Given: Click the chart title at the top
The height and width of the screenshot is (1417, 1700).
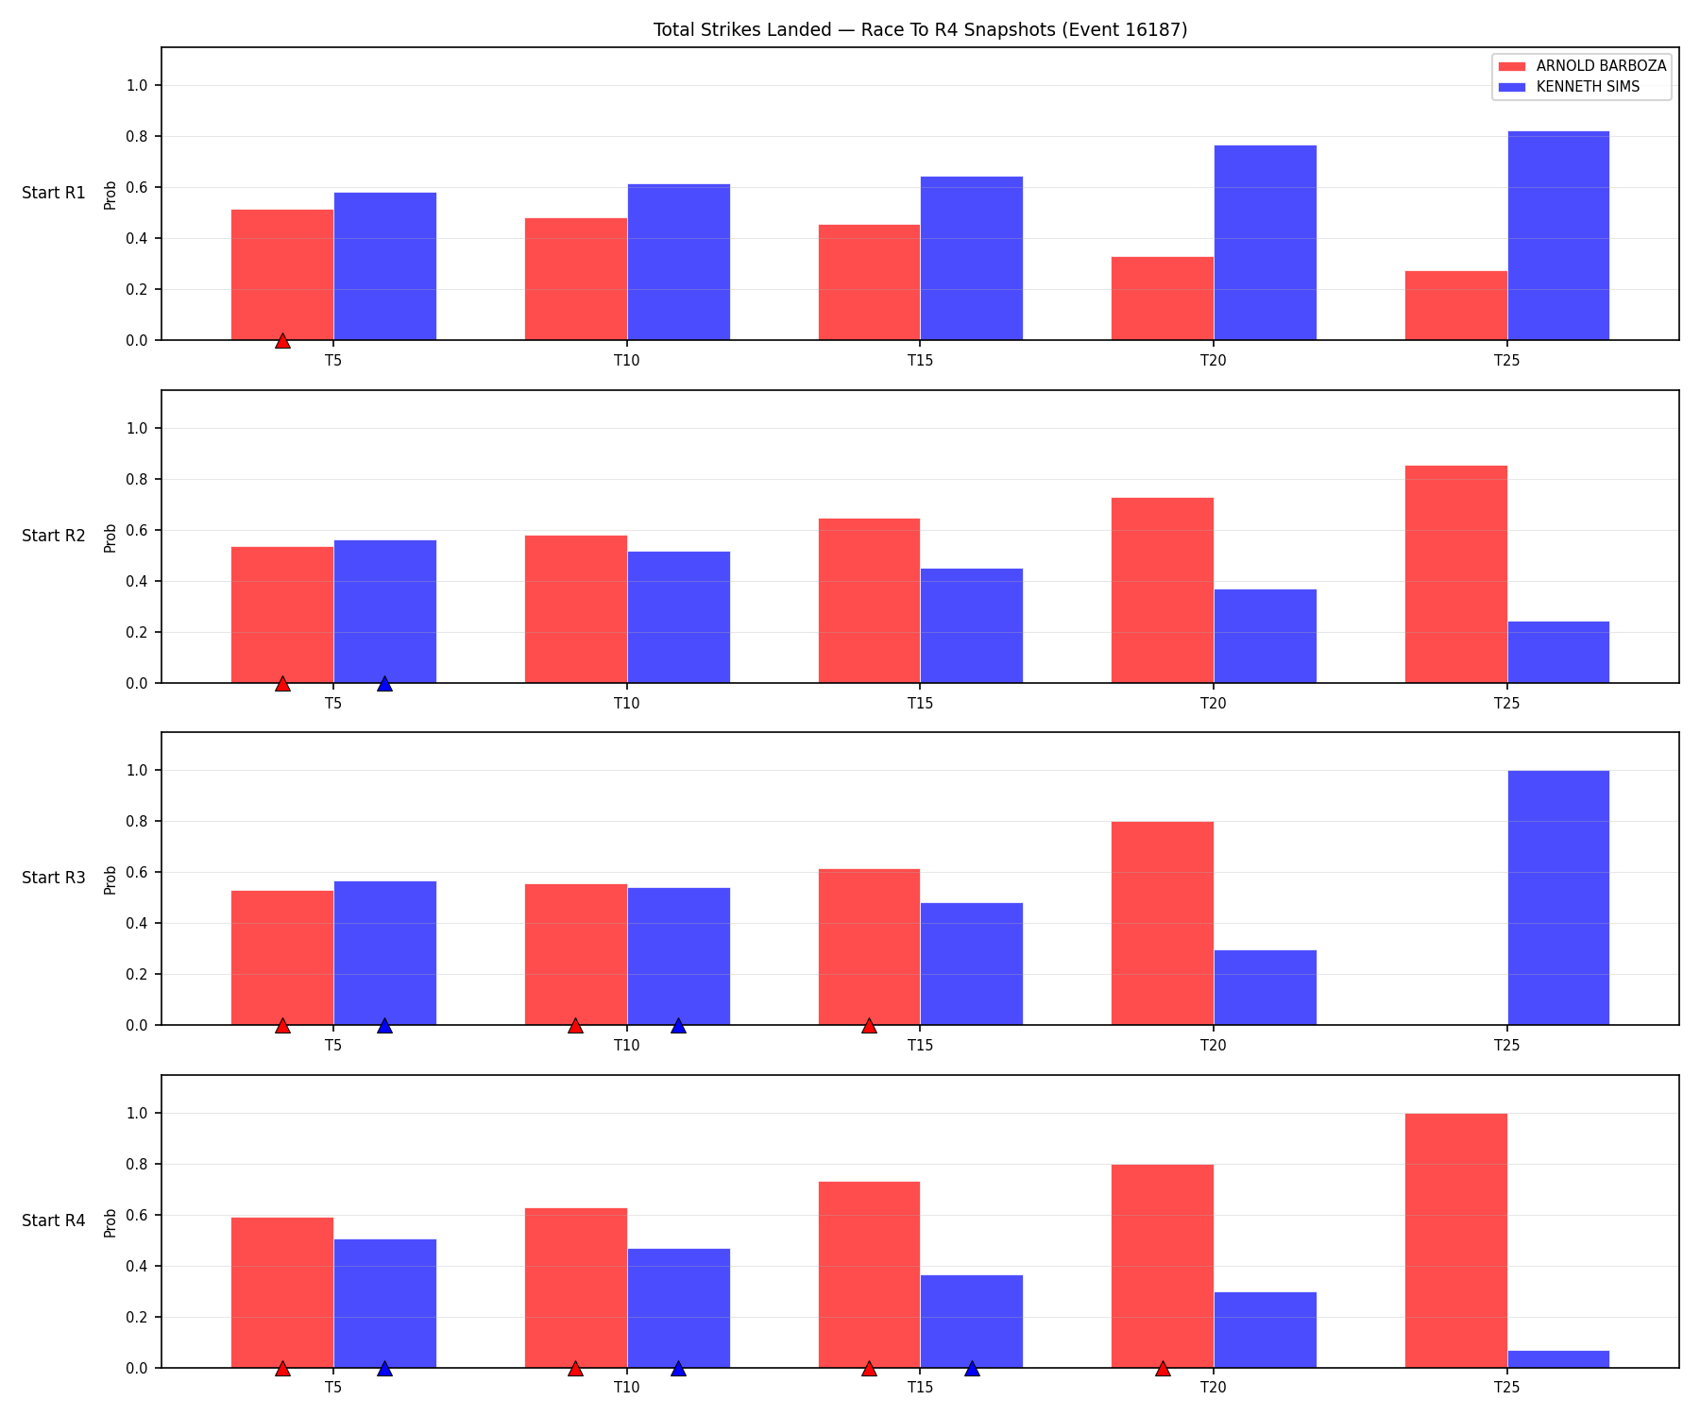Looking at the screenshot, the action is [x=920, y=30].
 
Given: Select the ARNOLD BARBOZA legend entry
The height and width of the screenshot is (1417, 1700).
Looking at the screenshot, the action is [x=1583, y=66].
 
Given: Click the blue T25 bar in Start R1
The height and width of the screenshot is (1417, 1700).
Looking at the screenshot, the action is [x=1558, y=235].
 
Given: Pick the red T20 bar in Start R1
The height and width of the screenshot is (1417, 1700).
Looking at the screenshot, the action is [x=1163, y=299].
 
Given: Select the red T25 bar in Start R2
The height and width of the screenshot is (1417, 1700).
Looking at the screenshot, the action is [x=1456, y=574].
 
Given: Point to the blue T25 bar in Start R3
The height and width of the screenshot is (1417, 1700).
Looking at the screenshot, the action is [x=1558, y=897].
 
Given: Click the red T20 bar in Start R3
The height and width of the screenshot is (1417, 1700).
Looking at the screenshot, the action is [x=1163, y=923].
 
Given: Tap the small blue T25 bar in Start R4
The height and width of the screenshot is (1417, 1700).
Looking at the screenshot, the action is [x=1558, y=1359].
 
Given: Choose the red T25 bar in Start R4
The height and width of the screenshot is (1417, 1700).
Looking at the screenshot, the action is [x=1456, y=1240].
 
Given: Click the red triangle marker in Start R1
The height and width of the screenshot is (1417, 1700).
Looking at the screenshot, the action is [x=282, y=341].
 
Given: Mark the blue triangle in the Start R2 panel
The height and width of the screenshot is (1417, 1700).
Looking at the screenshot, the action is [x=384, y=684].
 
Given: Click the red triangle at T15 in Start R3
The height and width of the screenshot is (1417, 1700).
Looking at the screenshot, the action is [x=869, y=1026].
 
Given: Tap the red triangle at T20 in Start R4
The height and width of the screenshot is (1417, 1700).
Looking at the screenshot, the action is [x=1163, y=1369].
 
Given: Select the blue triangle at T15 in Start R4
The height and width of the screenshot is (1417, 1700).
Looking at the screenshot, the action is [x=972, y=1369].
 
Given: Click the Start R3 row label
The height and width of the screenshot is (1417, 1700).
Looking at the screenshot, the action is [x=54, y=879].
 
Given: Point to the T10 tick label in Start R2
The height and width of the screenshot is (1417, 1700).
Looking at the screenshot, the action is [x=627, y=703].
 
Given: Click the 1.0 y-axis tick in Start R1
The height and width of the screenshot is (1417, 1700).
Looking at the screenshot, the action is [x=138, y=86].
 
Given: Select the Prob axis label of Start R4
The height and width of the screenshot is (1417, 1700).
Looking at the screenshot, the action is [x=110, y=1222].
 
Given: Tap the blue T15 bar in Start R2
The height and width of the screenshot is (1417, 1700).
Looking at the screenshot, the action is [x=972, y=625].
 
